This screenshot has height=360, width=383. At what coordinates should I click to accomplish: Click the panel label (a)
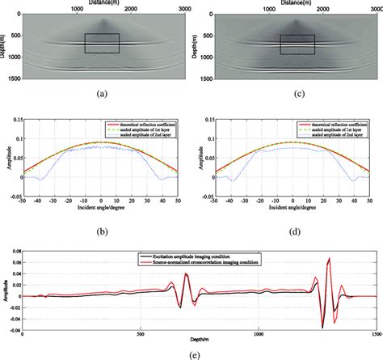(101, 95)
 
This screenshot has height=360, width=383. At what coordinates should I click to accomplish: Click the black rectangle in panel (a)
(102, 44)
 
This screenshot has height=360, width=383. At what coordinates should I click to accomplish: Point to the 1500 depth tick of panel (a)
(18, 80)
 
